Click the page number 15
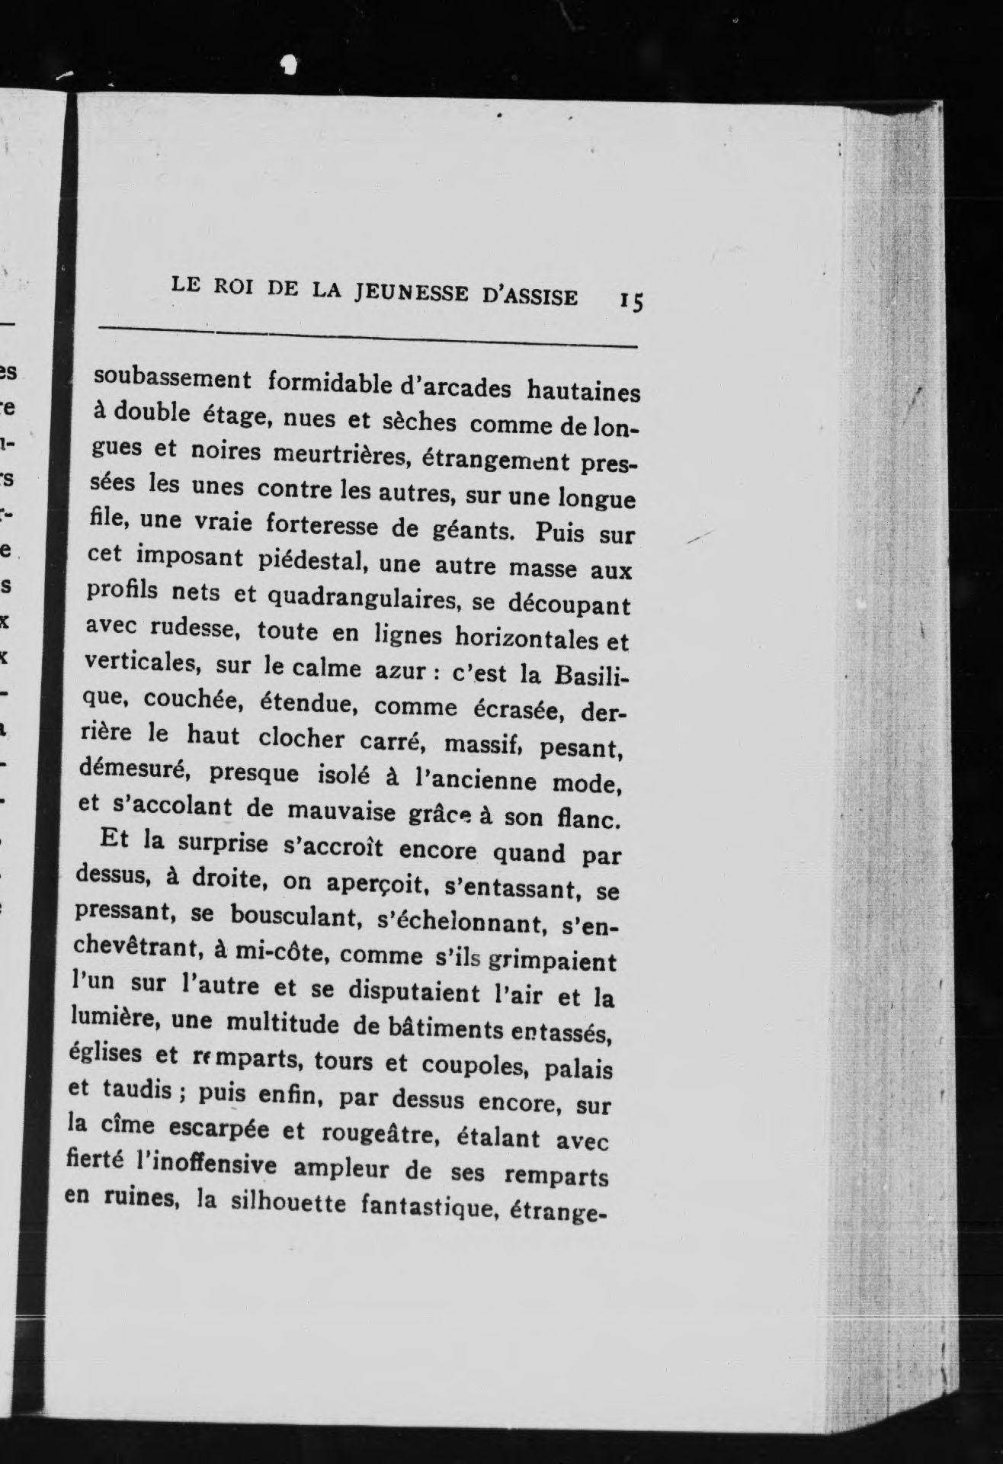632,300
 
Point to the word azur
396,670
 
